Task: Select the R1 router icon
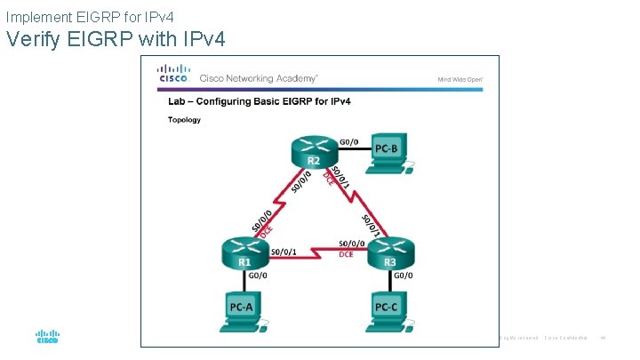pos(244,253)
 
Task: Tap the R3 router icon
pos(389,253)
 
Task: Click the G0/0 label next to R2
pos(350,140)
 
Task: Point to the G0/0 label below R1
pos(256,275)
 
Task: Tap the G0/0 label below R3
pos(403,275)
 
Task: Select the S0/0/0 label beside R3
pos(351,243)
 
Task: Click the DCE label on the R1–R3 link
pos(347,254)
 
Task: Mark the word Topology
pos(184,120)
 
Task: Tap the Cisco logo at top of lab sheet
pos(173,74)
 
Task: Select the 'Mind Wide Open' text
pos(460,79)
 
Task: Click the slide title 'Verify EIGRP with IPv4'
pos(116,39)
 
